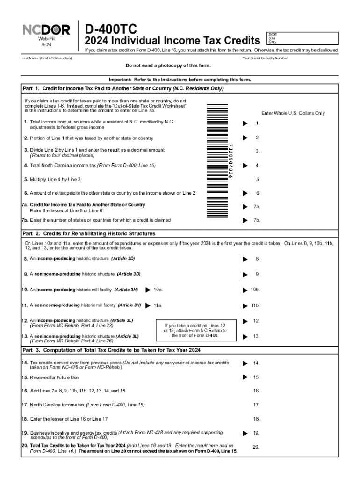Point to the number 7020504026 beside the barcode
pos(230,160)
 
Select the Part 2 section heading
pos(89,233)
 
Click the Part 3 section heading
pos(112,350)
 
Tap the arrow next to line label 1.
pos(244,123)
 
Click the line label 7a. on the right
pos(257,207)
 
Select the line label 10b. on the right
pos(255,290)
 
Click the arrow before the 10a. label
pos(148,290)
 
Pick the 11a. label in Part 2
pos(158,305)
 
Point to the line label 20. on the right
pos(256,447)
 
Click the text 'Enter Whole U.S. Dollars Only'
pos(293,113)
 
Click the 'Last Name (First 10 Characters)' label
pos(47,58)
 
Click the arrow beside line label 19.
pos(244,433)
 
